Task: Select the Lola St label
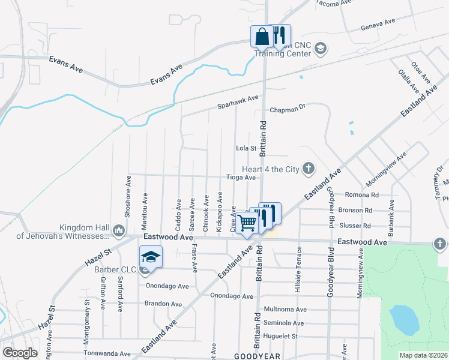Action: coord(246,148)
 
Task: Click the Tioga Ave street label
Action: coord(241,178)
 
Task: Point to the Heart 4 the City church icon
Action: coord(309,169)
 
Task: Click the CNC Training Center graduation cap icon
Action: coord(321,48)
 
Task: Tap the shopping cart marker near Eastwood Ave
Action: coord(247,223)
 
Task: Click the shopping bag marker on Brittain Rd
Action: coord(262,37)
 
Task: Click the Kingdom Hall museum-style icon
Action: coord(118,229)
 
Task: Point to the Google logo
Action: coord(20,353)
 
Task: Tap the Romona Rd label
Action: coord(362,195)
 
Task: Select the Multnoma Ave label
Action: coord(285,310)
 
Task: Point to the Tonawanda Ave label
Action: coord(108,354)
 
